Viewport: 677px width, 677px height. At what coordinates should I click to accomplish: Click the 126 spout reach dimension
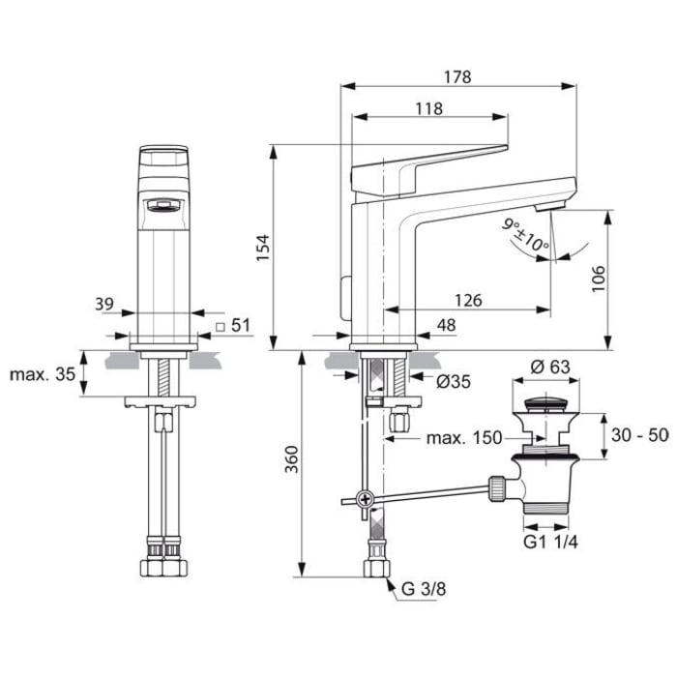[x=468, y=301]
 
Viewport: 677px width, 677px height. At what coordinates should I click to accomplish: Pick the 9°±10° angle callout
[x=525, y=235]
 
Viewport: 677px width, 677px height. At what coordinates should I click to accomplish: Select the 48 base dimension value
[x=445, y=326]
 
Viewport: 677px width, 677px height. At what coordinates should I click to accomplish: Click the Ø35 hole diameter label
[x=453, y=382]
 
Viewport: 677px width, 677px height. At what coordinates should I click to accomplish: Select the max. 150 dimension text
[x=464, y=438]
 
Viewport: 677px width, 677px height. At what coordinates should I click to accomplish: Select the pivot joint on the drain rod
[x=364, y=500]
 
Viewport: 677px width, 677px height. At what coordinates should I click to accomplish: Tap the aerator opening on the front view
[x=160, y=204]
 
